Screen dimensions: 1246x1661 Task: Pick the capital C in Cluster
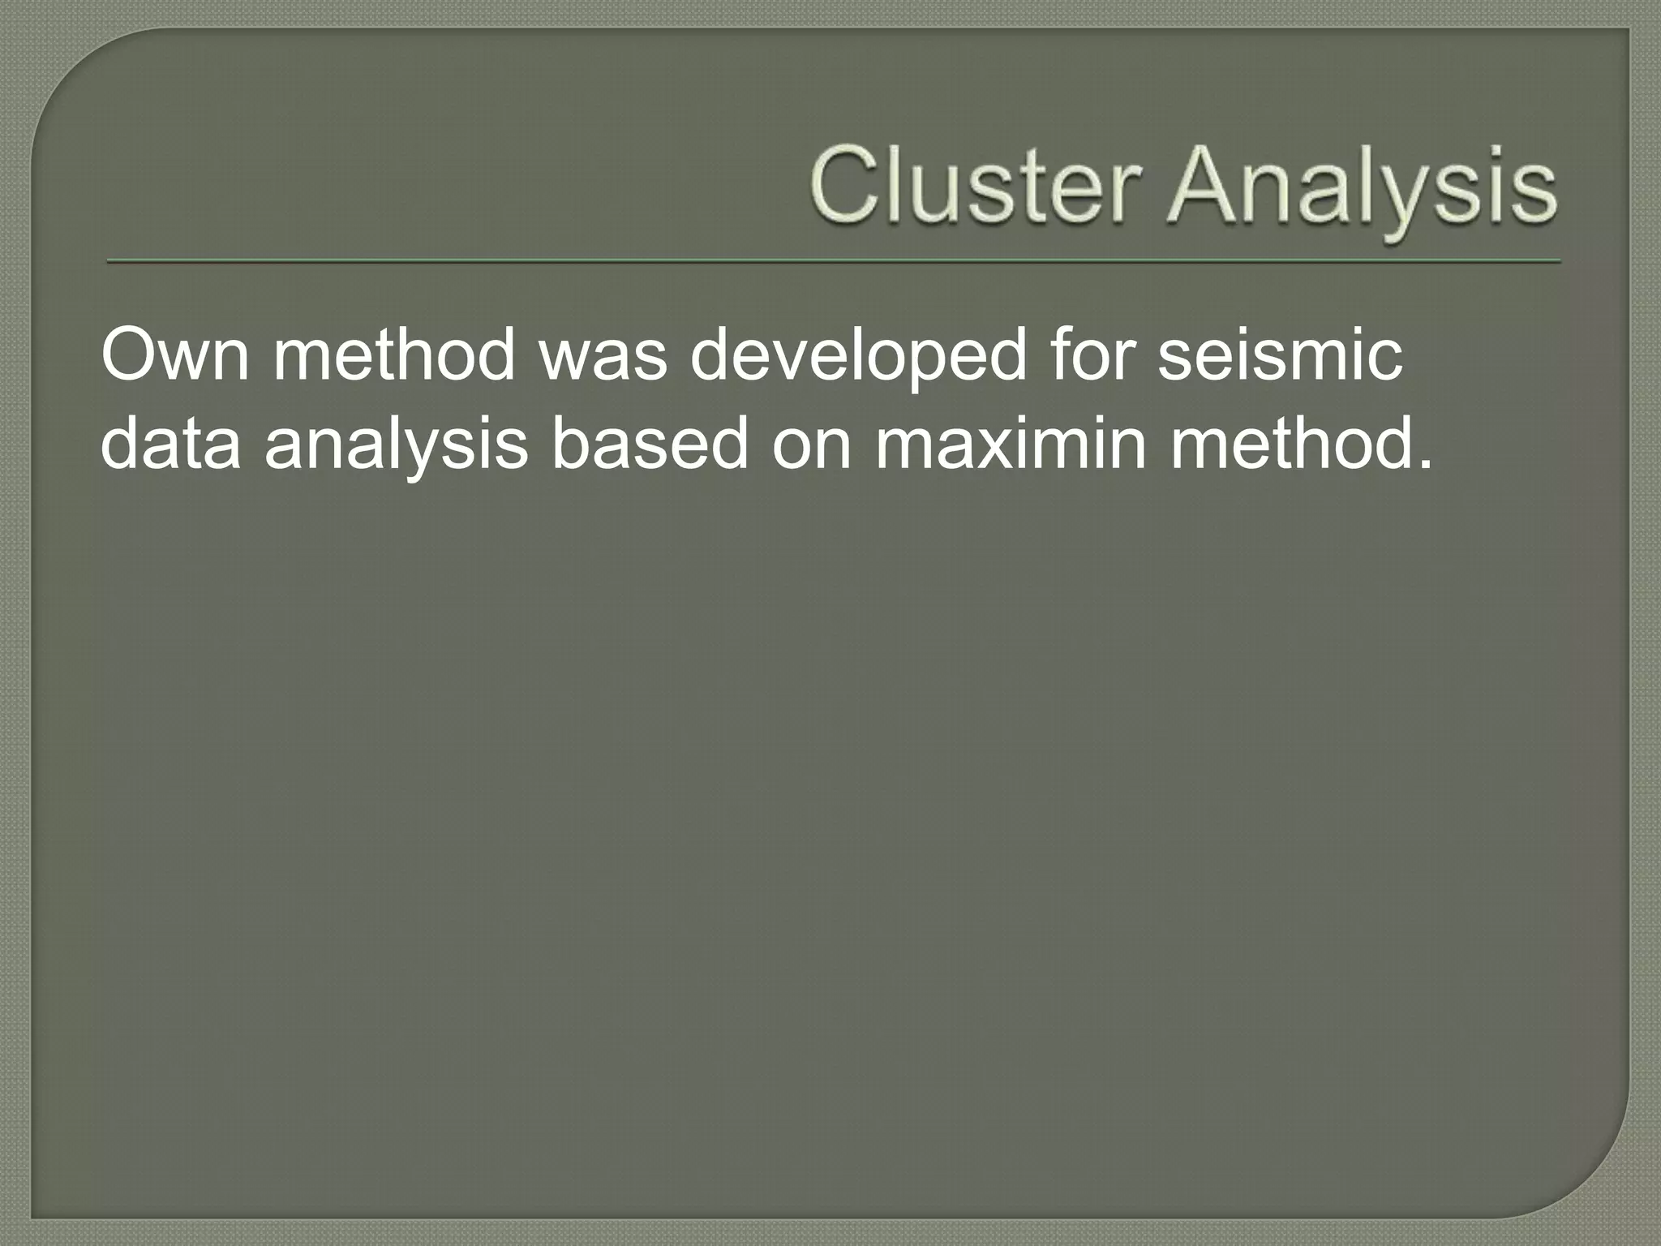843,186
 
